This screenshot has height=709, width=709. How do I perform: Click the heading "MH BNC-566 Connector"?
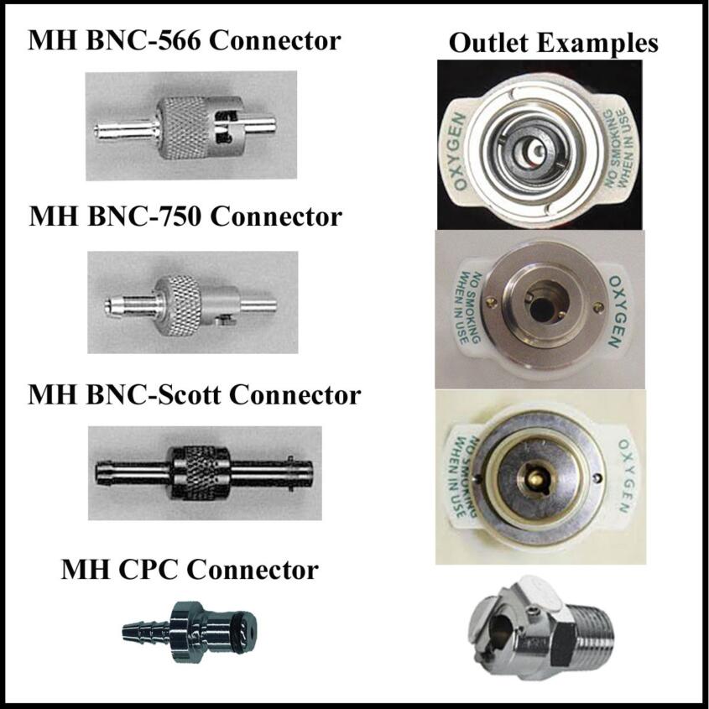click(185, 40)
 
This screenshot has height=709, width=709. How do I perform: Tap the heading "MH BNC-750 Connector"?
click(185, 216)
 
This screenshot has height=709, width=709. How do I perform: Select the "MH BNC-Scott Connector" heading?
click(194, 394)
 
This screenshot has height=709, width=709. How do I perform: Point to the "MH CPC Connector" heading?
click(190, 571)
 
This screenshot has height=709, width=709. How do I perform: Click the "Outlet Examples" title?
click(554, 44)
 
